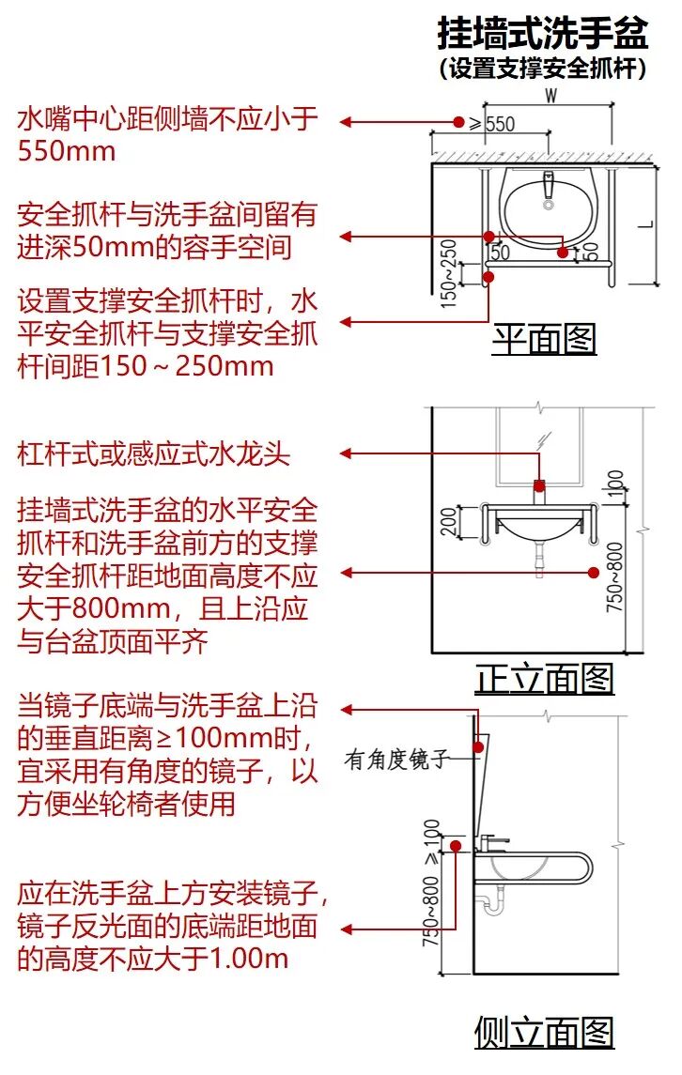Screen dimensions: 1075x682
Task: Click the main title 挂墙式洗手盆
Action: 543,35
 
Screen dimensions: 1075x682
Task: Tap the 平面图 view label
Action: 544,338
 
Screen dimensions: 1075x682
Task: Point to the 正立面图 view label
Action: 544,678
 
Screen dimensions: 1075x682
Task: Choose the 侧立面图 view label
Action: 544,1032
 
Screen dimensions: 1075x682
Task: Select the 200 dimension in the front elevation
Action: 449,522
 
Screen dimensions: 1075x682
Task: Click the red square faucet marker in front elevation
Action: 539,485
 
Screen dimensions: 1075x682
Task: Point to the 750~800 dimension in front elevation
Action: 613,577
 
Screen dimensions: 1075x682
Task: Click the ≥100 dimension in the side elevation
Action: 431,843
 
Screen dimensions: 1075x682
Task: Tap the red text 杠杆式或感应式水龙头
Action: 154,454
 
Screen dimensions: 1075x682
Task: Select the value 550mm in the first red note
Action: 66,150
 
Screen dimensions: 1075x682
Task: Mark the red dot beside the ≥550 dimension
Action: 458,122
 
